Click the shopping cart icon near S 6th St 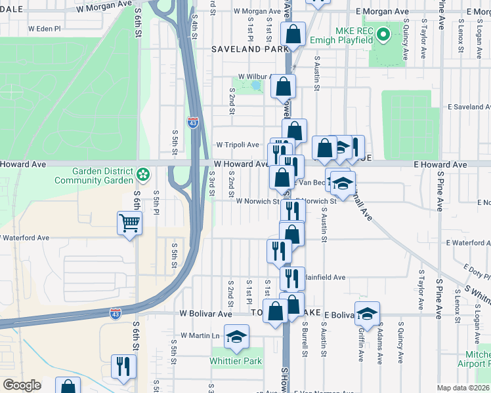click(x=129, y=223)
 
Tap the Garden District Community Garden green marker click(x=142, y=175)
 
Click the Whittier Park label click(x=236, y=361)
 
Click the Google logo click(x=22, y=385)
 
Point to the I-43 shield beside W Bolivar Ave click(x=116, y=314)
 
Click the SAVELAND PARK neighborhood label click(x=250, y=49)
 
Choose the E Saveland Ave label click(x=469, y=106)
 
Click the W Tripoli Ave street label click(x=238, y=145)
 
